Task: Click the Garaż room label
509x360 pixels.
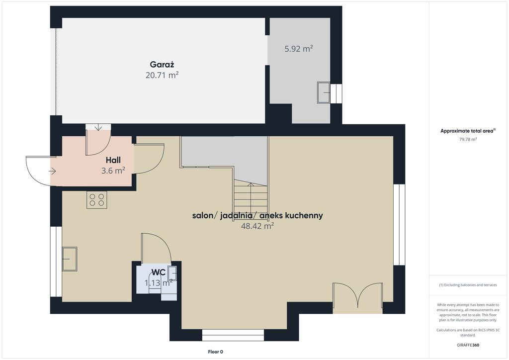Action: [162, 65]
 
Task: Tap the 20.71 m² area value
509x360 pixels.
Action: [162, 75]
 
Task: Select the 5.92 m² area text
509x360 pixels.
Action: [299, 49]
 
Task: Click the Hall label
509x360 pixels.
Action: [113, 160]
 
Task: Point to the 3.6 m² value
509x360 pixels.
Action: [113, 171]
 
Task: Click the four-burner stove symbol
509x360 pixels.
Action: [97, 200]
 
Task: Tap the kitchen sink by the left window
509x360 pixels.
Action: [70, 259]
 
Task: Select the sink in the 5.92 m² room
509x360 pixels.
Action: [324, 93]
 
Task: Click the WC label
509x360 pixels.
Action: [159, 272]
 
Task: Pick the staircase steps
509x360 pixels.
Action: [251, 197]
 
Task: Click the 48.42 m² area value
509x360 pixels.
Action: [257, 226]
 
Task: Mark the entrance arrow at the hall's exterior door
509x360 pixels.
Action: [53, 171]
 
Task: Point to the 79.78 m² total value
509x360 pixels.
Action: [468, 140]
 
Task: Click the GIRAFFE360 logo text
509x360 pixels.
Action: [468, 345]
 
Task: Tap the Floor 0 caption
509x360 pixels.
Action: [216, 352]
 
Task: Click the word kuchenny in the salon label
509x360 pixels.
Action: [305, 215]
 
